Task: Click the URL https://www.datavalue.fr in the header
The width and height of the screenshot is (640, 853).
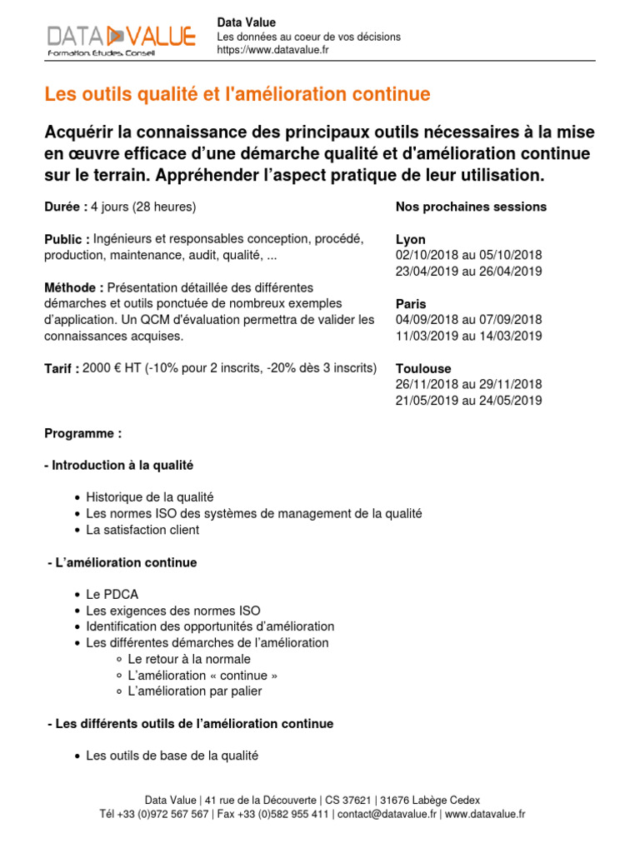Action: click(x=272, y=50)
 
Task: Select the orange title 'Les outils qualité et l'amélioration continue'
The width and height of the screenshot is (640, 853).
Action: click(x=237, y=95)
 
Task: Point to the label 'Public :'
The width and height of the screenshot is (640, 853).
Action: click(x=67, y=240)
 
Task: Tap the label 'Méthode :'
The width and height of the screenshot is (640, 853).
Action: click(x=74, y=288)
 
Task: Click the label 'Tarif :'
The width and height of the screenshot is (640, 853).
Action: click(x=62, y=369)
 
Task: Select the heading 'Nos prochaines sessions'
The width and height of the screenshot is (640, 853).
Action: click(x=471, y=207)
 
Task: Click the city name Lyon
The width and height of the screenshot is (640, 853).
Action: click(x=410, y=240)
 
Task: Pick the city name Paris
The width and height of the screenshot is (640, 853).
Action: click(x=411, y=304)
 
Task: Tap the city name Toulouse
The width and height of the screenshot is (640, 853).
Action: click(x=422, y=368)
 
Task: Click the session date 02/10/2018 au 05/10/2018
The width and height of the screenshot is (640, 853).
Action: click(x=468, y=255)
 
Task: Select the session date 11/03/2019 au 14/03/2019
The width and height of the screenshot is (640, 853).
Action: click(x=468, y=336)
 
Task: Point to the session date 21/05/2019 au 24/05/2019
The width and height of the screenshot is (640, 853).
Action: click(x=468, y=401)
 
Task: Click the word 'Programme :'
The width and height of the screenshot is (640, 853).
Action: click(x=82, y=434)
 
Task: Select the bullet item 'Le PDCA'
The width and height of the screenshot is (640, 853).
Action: click(x=112, y=595)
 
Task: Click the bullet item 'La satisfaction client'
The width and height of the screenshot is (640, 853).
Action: click(x=142, y=530)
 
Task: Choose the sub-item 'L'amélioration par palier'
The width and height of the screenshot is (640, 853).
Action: click(x=195, y=691)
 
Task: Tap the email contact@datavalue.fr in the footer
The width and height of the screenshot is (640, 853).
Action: click(x=387, y=814)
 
